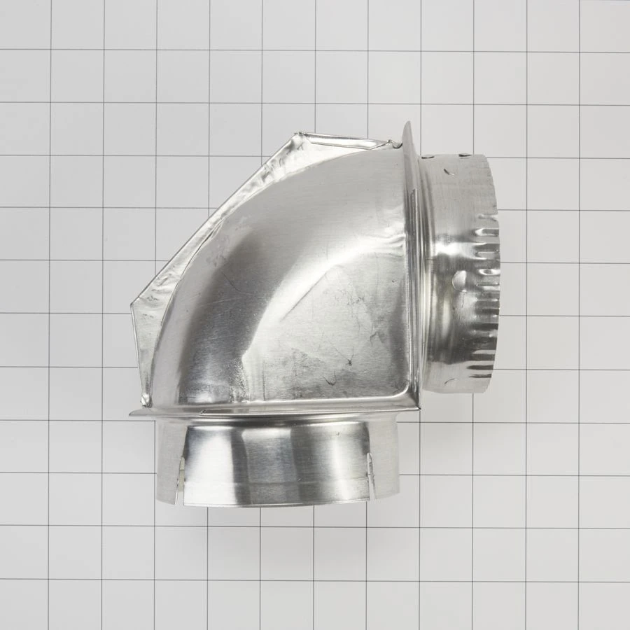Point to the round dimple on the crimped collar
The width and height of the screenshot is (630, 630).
pyautogui.click(x=460, y=281)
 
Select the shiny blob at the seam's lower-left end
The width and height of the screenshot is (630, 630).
pyautogui.click(x=146, y=400)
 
